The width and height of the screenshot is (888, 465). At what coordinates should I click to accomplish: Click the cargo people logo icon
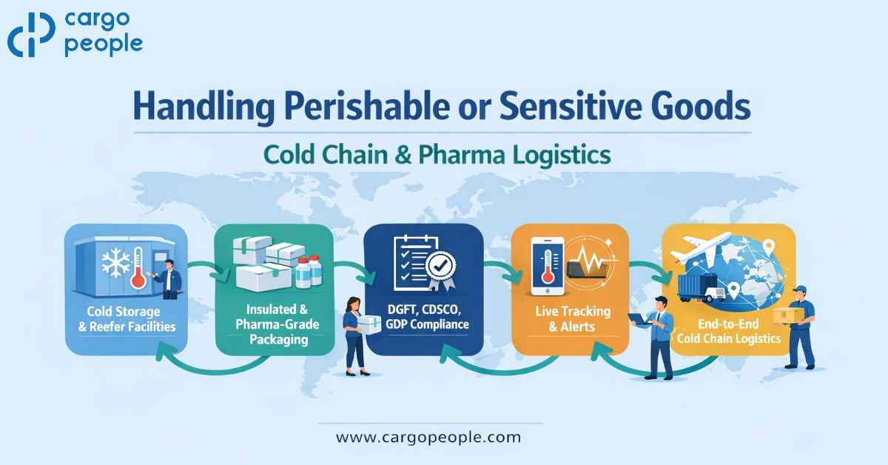[x=31, y=35]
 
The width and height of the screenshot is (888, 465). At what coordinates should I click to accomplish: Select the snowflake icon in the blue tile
[x=115, y=263]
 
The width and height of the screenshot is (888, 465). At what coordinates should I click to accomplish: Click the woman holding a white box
[x=354, y=332]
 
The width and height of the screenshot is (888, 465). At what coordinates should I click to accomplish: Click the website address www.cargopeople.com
[x=428, y=437]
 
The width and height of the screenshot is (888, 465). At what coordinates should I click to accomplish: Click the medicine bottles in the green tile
[x=308, y=272]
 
